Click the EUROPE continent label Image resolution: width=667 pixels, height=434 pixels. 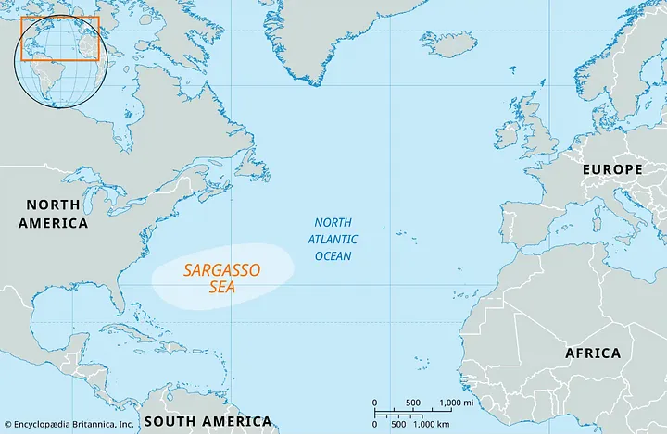click(611, 169)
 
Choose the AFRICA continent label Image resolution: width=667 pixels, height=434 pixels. click(593, 353)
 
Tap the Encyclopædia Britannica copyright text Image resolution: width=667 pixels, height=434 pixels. click(69, 424)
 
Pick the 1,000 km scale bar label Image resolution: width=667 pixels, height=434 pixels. click(434, 423)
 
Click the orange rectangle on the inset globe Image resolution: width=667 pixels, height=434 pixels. click(59, 38)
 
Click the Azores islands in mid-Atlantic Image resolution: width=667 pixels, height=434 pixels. click(401, 233)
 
